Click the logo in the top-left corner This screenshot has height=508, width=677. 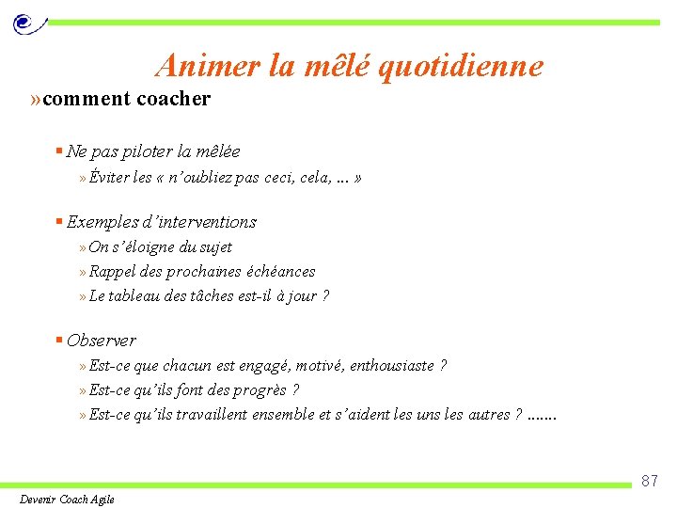click(x=27, y=22)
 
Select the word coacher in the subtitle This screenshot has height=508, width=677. click(x=174, y=99)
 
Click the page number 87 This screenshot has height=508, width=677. click(x=649, y=482)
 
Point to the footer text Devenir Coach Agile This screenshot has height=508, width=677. click(x=67, y=500)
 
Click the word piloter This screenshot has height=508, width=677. click(x=143, y=151)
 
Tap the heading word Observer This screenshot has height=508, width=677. click(x=102, y=341)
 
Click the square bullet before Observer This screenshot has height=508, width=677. click(x=58, y=341)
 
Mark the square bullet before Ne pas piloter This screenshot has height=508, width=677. click(x=58, y=151)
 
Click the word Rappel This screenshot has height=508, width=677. click(x=112, y=272)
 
